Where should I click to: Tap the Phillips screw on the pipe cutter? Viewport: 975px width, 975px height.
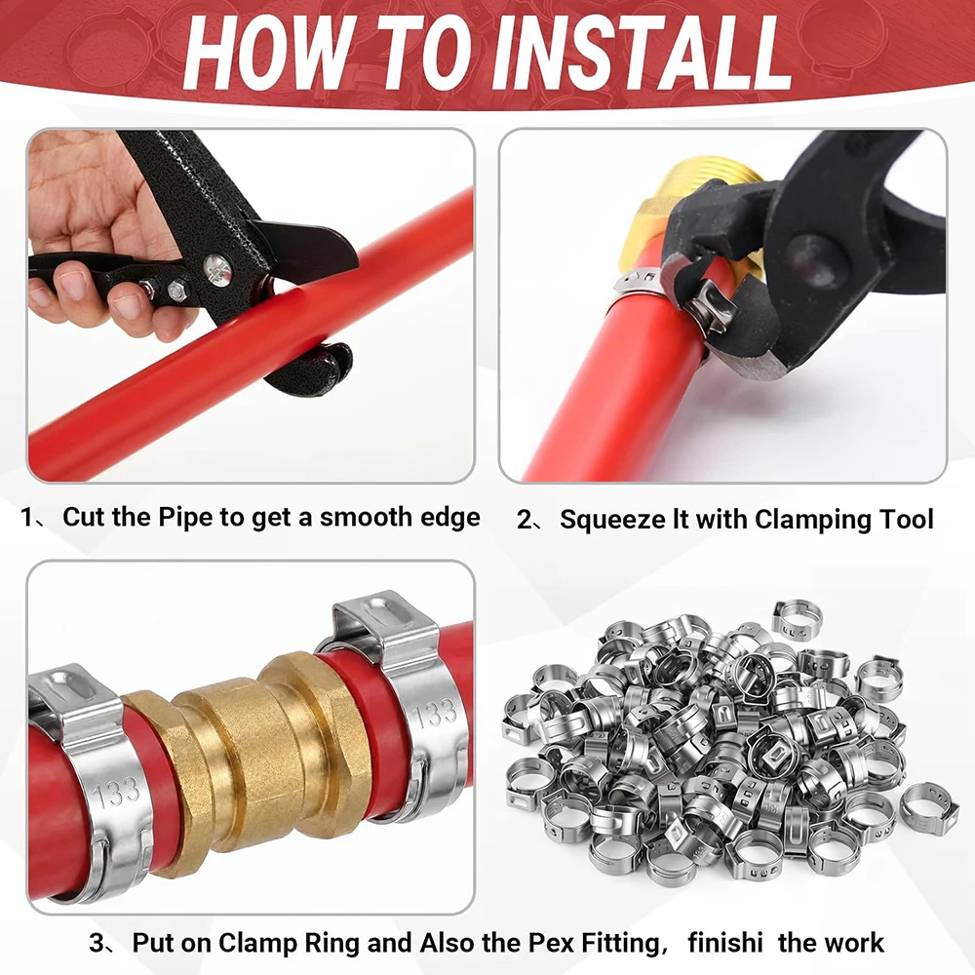click(217, 270)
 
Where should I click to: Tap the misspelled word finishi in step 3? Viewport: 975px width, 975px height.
click(725, 943)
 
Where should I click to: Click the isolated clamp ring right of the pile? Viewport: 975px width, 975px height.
click(928, 809)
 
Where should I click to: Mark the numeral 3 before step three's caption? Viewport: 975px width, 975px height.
click(97, 943)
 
